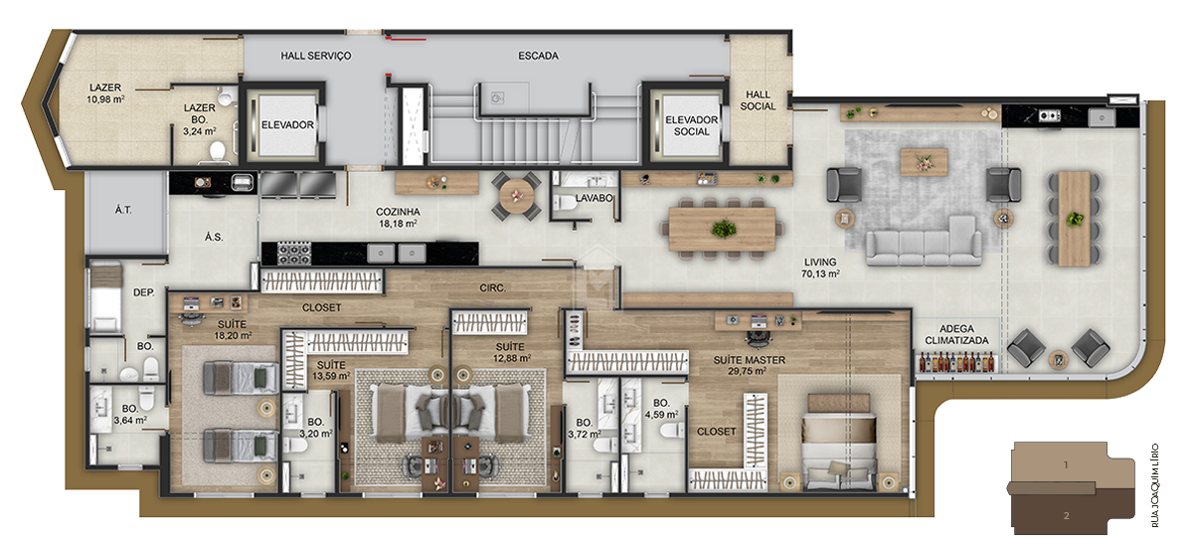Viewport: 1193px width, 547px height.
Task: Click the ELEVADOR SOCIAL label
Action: pyautogui.click(x=693, y=125)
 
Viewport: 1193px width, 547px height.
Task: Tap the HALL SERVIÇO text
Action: pyautogui.click(x=316, y=56)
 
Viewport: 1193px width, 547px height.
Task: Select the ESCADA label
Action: pyautogui.click(x=538, y=56)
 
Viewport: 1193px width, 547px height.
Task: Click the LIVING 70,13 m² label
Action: pyautogui.click(x=822, y=268)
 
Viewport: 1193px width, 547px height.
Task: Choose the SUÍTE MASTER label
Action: pyautogui.click(x=750, y=364)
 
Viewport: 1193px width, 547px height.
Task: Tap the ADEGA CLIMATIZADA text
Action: pyautogui.click(x=956, y=334)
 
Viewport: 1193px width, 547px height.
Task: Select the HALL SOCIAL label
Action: pyautogui.click(x=758, y=100)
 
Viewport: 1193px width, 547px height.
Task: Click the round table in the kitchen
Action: pyautogui.click(x=515, y=195)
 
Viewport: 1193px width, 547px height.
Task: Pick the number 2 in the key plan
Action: pyautogui.click(x=1065, y=515)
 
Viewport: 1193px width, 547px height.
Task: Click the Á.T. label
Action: pyautogui.click(x=123, y=210)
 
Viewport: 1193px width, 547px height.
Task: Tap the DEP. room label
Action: pyautogui.click(x=144, y=292)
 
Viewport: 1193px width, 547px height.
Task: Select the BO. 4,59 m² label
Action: pyautogui.click(x=660, y=408)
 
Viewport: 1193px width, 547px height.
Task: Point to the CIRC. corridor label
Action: pyautogui.click(x=493, y=288)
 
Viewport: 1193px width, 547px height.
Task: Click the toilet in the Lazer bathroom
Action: pyautogui.click(x=218, y=150)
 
